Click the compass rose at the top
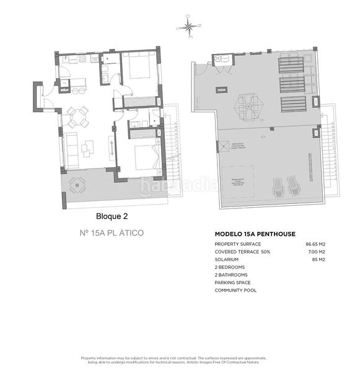(x=190, y=27)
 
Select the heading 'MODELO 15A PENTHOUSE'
(x=254, y=234)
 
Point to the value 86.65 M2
(x=315, y=245)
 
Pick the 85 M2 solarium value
(x=319, y=260)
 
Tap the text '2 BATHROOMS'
(x=231, y=275)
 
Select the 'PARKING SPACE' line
(x=233, y=282)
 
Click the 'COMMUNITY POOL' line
(x=235, y=290)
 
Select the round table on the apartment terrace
(x=77, y=184)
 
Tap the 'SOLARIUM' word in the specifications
(x=226, y=260)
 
